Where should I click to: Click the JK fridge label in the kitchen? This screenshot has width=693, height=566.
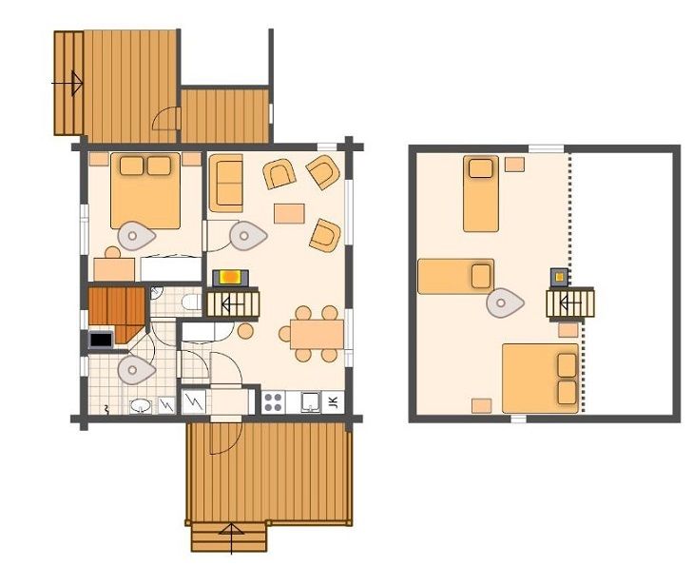(334, 402)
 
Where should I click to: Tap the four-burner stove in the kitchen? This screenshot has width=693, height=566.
(273, 402)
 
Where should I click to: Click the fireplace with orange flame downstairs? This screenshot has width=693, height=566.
(231, 278)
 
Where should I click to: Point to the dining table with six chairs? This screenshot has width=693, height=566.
(317, 334)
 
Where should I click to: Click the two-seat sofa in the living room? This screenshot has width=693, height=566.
(226, 183)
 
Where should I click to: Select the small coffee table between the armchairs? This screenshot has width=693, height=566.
(290, 214)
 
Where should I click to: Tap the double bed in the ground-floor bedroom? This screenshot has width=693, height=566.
(145, 191)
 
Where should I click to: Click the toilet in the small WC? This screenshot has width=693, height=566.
(192, 303)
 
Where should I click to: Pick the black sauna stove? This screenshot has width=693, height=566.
(101, 340)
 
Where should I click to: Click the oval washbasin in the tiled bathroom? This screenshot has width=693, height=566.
(141, 405)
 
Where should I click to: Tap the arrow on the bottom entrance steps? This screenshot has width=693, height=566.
(231, 538)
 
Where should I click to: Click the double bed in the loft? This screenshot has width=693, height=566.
(540, 379)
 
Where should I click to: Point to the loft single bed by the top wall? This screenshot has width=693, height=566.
(481, 194)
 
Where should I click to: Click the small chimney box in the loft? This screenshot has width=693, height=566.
(559, 277)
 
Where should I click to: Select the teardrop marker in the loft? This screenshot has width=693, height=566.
(505, 303)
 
